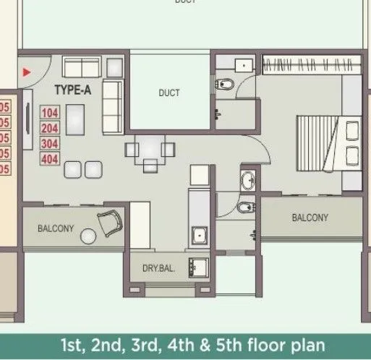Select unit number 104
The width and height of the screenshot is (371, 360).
pos(49,113)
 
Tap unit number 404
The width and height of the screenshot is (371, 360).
pos(49,159)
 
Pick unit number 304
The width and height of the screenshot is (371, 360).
pos(49,144)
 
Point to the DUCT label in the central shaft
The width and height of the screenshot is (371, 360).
pos(169,93)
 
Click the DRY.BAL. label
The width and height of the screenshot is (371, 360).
pos(158,269)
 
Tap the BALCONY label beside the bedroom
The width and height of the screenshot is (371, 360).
pos(310,218)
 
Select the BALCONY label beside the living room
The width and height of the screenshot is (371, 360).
pos(56,228)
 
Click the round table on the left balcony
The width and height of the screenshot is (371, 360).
pos(89,236)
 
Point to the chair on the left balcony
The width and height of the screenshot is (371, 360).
pos(111,222)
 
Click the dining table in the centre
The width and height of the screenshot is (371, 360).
pos(150,150)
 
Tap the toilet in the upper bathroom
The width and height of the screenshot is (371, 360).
pos(223,85)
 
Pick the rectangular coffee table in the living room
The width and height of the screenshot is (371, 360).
pos(76,119)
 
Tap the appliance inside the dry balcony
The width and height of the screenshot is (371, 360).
pos(197,267)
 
